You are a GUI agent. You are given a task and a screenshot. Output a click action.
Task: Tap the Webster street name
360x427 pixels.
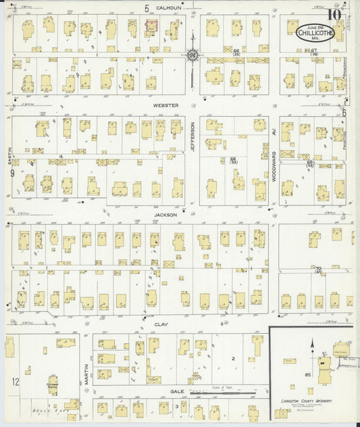pos(165,106)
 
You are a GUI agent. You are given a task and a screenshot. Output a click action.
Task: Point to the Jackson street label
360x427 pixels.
pos(165,215)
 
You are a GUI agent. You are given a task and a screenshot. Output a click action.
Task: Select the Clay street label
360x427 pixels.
pos(161,324)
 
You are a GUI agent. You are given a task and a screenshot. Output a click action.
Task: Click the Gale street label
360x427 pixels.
pos(177,391)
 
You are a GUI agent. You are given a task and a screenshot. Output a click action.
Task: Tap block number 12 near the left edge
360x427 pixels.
pos(15,382)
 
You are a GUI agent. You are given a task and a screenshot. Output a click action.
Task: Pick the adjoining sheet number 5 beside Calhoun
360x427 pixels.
pos(146,8)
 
